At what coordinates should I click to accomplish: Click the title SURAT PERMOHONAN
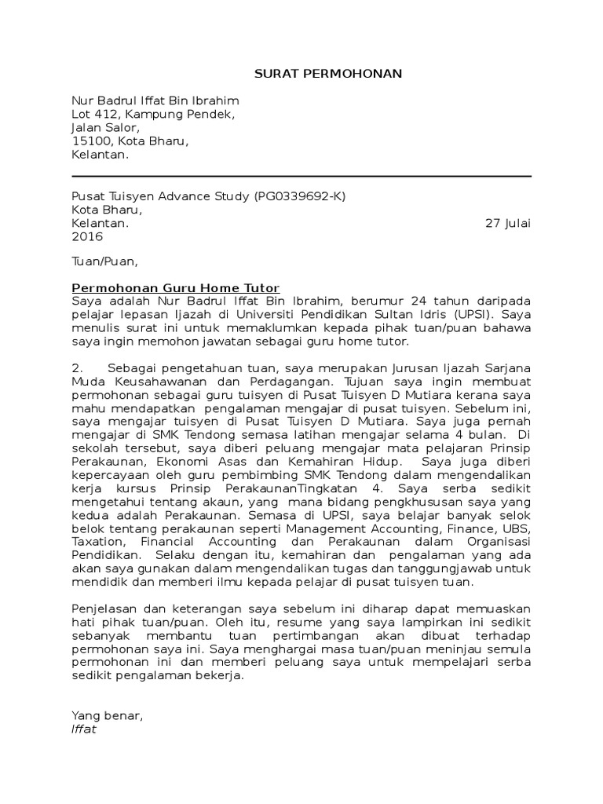tap(328, 74)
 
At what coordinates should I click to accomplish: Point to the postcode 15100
tap(90, 141)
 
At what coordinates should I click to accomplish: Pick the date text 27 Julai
tap(508, 223)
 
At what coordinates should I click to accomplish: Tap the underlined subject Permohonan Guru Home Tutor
tap(176, 288)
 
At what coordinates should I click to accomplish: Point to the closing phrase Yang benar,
tap(108, 715)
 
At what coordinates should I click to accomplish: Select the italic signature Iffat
tap(84, 729)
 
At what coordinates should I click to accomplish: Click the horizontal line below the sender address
tap(301, 177)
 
